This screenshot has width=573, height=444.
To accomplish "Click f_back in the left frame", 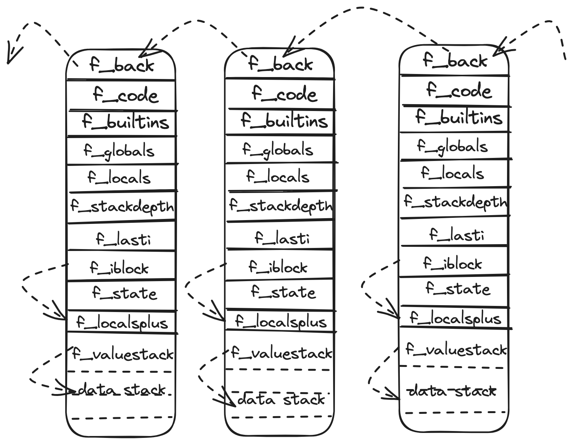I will click(121, 65).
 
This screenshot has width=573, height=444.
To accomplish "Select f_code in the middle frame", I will click(284, 94).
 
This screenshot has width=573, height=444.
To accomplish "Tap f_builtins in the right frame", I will click(459, 117).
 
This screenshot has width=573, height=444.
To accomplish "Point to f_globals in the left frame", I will click(119, 151).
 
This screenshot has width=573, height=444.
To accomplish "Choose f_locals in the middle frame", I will click(278, 176).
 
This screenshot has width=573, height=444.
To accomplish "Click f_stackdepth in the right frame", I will click(456, 202).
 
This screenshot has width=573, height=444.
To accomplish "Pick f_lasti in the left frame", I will click(123, 239).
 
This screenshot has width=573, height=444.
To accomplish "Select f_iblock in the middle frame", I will click(278, 267).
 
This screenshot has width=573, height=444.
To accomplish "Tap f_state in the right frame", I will click(458, 288).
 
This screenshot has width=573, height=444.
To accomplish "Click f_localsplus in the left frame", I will click(122, 323).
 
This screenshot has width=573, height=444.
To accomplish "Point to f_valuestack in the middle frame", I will click(282, 354).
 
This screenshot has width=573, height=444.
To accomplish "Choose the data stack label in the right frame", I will click(452, 391).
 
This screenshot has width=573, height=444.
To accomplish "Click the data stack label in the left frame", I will click(121, 390).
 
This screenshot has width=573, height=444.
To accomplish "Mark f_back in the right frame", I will click(455, 60).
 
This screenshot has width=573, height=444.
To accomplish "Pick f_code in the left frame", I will click(125, 95).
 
